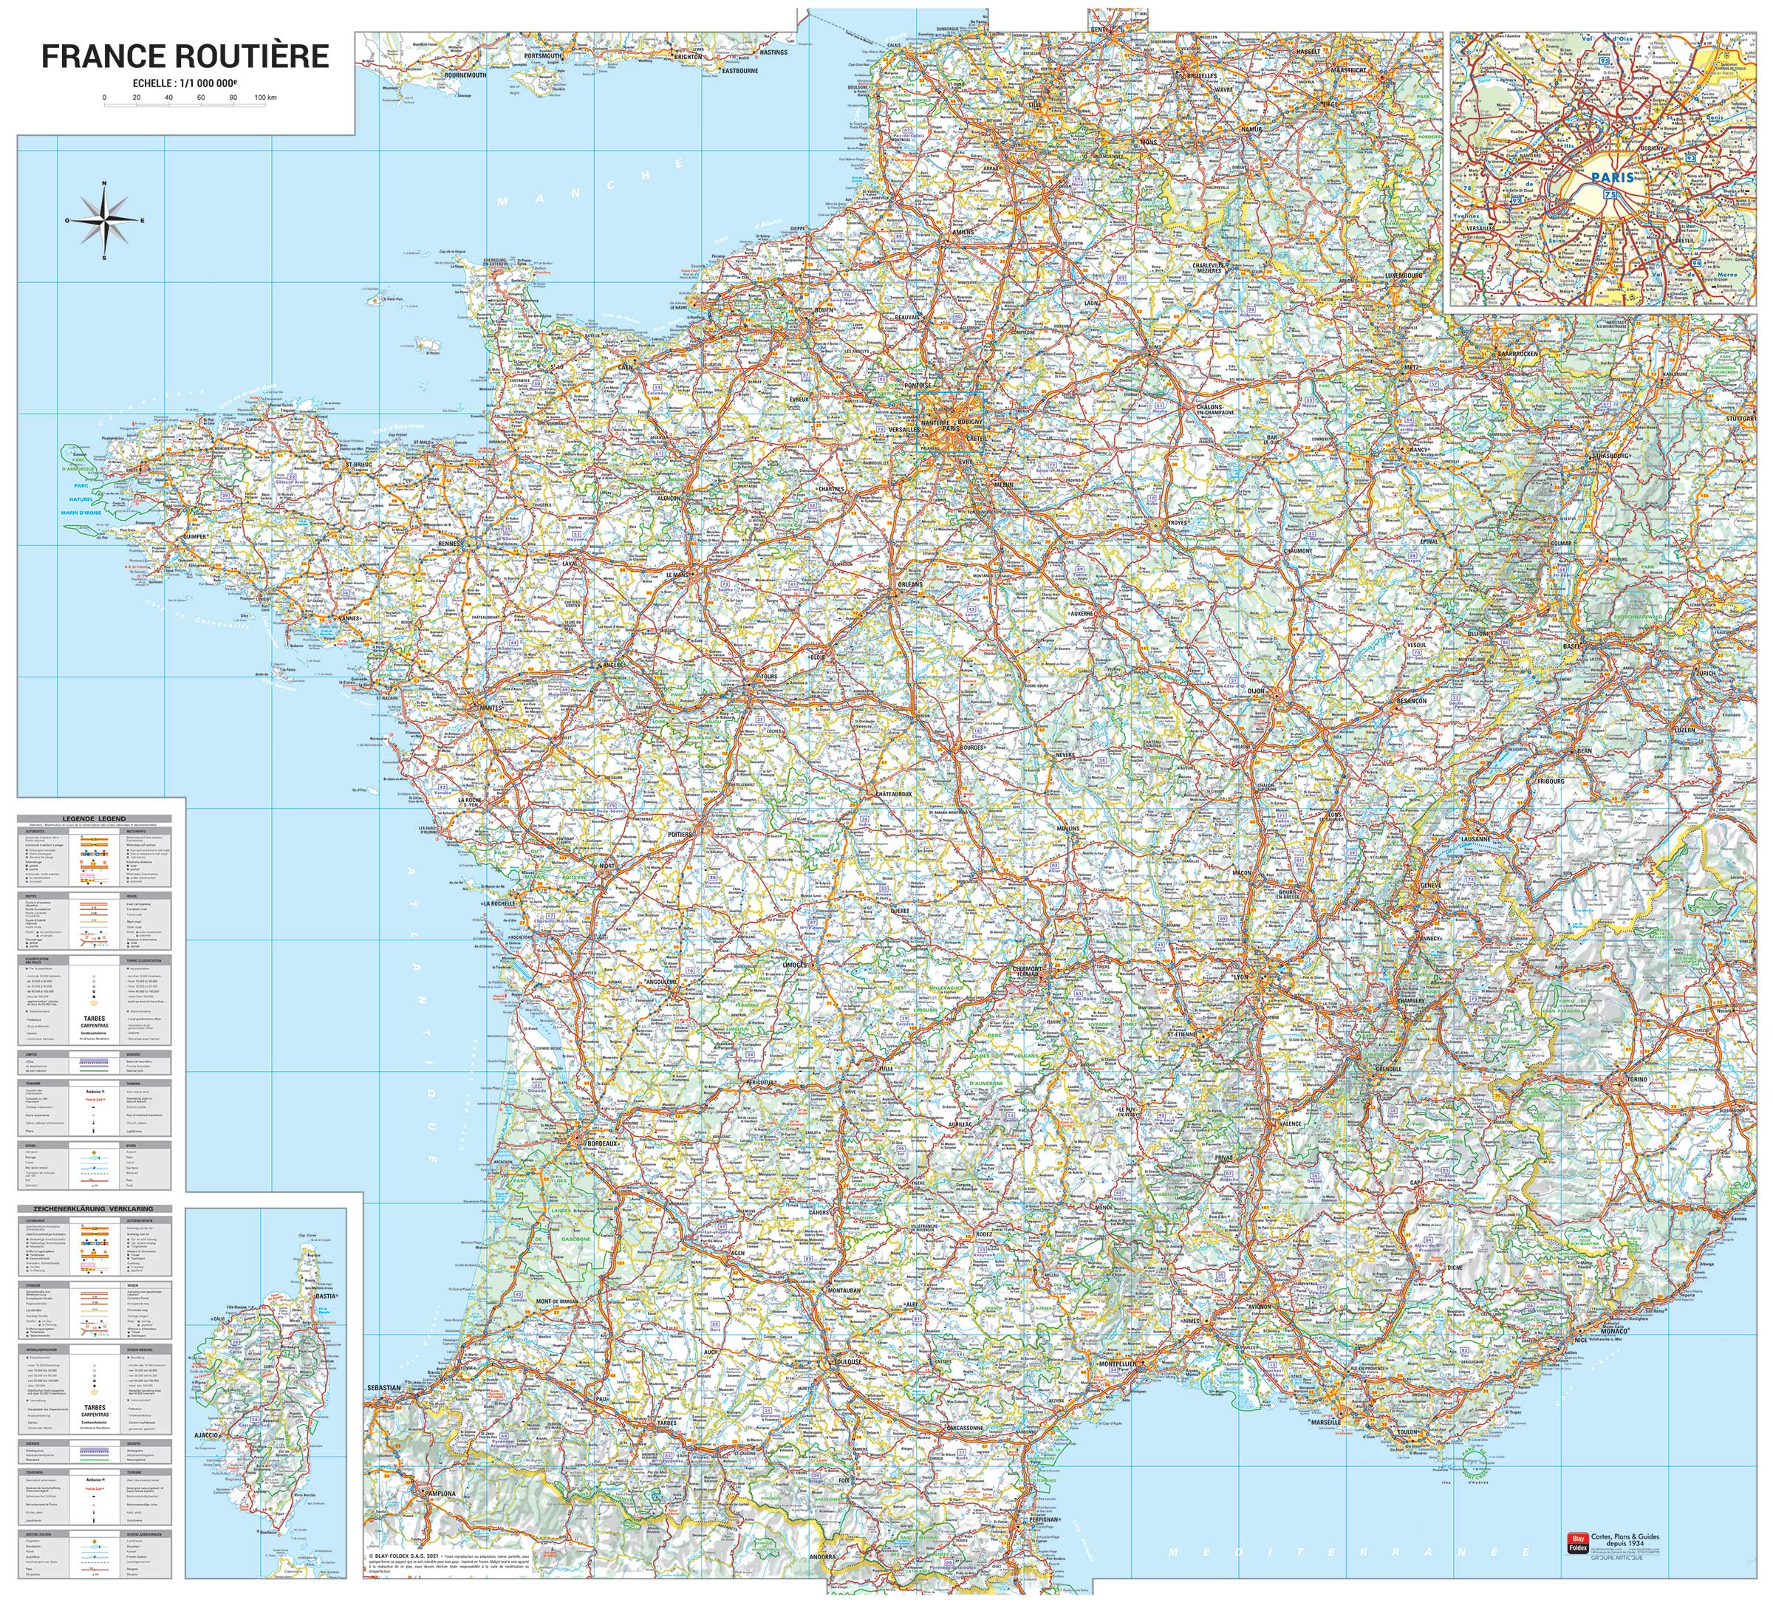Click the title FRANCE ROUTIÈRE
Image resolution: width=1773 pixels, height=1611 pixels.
point(185,56)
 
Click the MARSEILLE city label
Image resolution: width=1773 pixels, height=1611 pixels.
point(1325,1422)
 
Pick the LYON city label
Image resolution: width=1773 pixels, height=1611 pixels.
point(1241,978)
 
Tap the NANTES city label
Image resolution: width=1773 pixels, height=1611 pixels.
point(490,707)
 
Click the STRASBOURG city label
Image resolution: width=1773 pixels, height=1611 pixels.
point(1610,456)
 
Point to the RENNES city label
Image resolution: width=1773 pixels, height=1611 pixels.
point(449,544)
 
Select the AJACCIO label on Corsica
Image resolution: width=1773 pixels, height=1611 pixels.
point(206,1435)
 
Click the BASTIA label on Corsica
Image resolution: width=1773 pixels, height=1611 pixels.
point(327,1296)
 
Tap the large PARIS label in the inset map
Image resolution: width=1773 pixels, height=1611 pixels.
point(1612,177)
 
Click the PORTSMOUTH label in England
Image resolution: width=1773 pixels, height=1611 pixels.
point(543,55)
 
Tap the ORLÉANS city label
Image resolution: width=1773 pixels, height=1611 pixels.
point(910,584)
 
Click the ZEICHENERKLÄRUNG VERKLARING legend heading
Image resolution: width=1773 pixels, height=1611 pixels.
point(93,1208)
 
